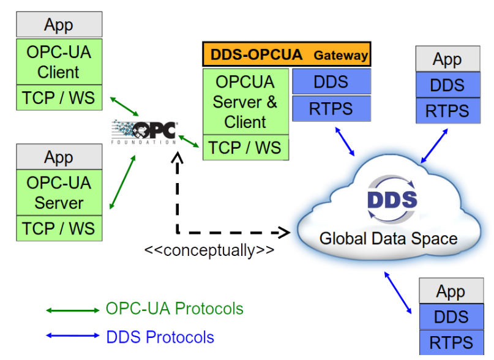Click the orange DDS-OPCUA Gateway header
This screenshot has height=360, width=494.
pos(286,54)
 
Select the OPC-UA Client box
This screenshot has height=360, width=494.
pos(59,62)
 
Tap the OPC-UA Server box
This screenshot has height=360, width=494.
pos(59,192)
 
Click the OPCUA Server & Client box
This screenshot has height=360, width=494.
pos(245,102)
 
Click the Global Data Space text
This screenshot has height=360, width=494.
pos(388,238)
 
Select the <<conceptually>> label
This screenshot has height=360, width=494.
pos(209,250)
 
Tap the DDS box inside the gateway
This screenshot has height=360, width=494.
pos(331,81)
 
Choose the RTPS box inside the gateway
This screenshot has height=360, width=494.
pos(331,109)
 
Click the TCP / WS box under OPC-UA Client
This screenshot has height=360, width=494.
pos(59,98)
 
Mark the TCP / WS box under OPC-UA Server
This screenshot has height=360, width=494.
pos(59,228)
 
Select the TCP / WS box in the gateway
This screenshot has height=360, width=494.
pos(245,147)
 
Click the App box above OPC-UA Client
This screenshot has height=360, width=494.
pos(59,24)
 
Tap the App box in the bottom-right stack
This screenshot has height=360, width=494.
pos(451,291)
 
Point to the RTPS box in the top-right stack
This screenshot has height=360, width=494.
pos(447,111)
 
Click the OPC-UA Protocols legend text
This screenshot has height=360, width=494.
pos(174,309)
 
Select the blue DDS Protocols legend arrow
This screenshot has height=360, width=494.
pos(72,336)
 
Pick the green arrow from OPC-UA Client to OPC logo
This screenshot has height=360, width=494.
pos(125,105)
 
